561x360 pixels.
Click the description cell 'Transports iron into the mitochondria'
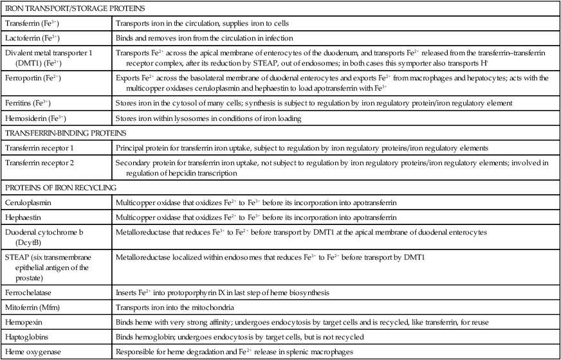click(x=176, y=307)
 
